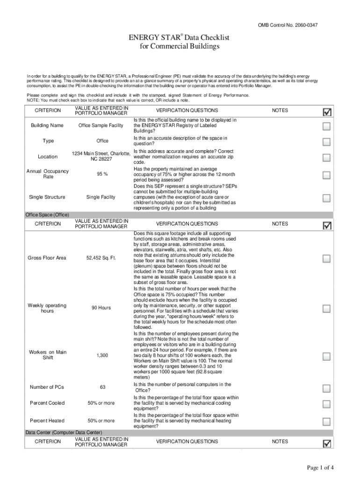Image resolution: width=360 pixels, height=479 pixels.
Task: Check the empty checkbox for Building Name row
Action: coord(327,126)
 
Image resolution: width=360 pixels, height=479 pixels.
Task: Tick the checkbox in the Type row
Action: coord(327,142)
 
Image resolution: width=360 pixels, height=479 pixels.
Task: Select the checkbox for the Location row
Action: coord(327,157)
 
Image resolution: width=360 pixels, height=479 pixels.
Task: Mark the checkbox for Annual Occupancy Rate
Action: coord(327,175)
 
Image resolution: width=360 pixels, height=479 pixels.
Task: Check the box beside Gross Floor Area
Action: coord(327,259)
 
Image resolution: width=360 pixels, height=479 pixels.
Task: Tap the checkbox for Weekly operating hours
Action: coord(327,309)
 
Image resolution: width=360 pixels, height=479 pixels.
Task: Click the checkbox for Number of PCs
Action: coord(327,388)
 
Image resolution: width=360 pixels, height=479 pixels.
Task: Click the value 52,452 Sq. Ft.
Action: coord(101,258)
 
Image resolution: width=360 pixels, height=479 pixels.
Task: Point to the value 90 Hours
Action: coord(101,308)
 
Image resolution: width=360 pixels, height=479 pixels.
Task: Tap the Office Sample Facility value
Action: coord(101,126)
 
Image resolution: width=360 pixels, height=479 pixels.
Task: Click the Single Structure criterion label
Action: coord(47,197)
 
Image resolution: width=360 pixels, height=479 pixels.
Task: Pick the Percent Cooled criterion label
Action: coord(47,403)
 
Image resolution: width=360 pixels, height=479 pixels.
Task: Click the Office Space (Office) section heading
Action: coord(47,215)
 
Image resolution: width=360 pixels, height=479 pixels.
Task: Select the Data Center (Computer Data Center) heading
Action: coord(64,433)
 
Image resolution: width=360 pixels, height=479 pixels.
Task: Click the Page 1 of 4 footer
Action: coord(320,468)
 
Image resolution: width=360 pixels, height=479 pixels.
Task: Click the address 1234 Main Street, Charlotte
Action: coord(101,154)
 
